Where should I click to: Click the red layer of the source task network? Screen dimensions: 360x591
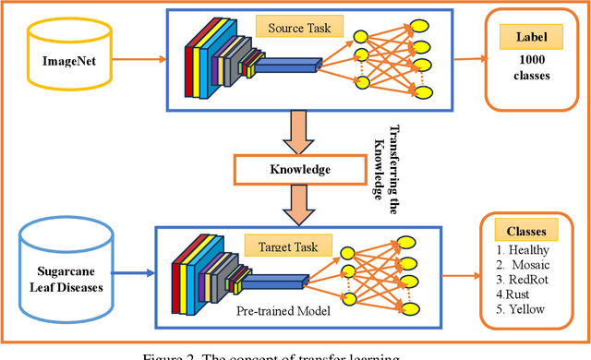click(192, 62)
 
